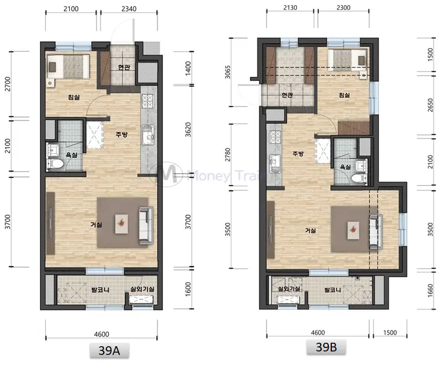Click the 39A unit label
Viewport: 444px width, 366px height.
pos(109,351)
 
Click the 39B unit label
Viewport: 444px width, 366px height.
pos(326,347)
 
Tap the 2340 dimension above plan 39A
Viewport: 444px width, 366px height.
pos(129,9)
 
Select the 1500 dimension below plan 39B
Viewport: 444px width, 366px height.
pos(390,333)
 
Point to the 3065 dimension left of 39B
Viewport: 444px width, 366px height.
pos(228,72)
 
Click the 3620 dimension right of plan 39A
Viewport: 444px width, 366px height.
pos(188,130)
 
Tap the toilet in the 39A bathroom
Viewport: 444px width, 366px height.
pos(56,164)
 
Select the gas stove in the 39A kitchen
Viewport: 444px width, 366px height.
pos(148,101)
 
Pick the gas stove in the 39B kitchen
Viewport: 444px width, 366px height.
pos(275,137)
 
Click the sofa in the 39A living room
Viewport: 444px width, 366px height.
pos(146,225)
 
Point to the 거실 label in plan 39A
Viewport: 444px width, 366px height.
pos(96,225)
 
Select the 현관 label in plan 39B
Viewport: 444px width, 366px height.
pos(287,95)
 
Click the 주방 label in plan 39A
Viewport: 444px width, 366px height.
pos(121,134)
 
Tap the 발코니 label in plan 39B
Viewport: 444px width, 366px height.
pos(333,290)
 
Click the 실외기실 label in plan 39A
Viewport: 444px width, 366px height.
pos(142,289)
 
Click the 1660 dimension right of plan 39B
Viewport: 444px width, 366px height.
pos(431,290)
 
